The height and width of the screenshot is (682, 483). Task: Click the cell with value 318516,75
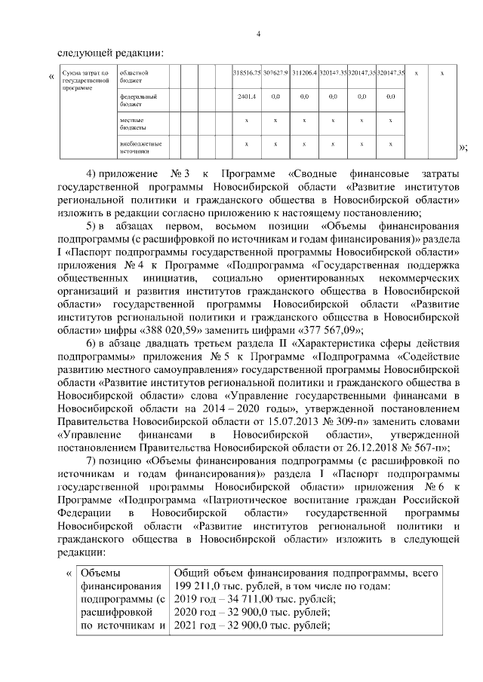pyautogui.click(x=247, y=72)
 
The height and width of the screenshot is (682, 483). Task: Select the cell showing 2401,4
pyautogui.click(x=247, y=97)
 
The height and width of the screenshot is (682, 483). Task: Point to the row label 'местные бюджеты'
pyautogui.click(x=132, y=123)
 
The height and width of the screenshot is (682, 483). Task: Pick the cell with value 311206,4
pyautogui.click(x=304, y=72)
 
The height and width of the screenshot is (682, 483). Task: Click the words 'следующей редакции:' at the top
pyautogui.click(x=109, y=53)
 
